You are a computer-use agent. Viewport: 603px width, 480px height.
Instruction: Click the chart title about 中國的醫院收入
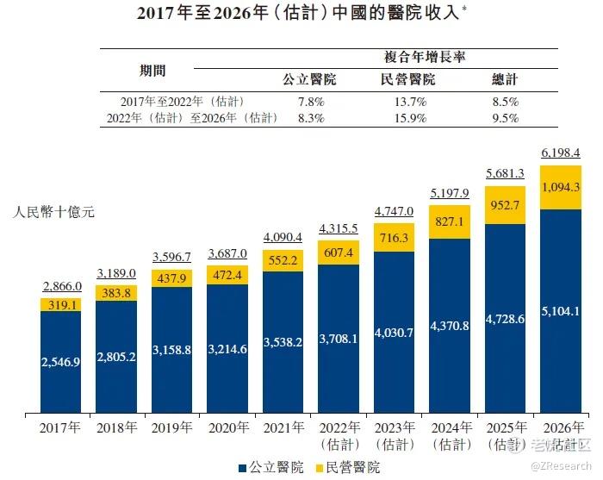click(301, 14)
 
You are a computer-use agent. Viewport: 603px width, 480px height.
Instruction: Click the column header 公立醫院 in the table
click(309, 80)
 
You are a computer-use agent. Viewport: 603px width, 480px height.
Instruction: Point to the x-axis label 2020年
click(227, 427)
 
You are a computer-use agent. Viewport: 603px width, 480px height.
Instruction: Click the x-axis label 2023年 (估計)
click(394, 434)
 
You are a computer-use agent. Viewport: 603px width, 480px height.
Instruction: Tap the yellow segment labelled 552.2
click(282, 258)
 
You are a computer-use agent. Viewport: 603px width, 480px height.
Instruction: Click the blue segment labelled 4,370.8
click(448, 326)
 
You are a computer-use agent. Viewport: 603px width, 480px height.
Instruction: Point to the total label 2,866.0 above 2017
click(61, 286)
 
